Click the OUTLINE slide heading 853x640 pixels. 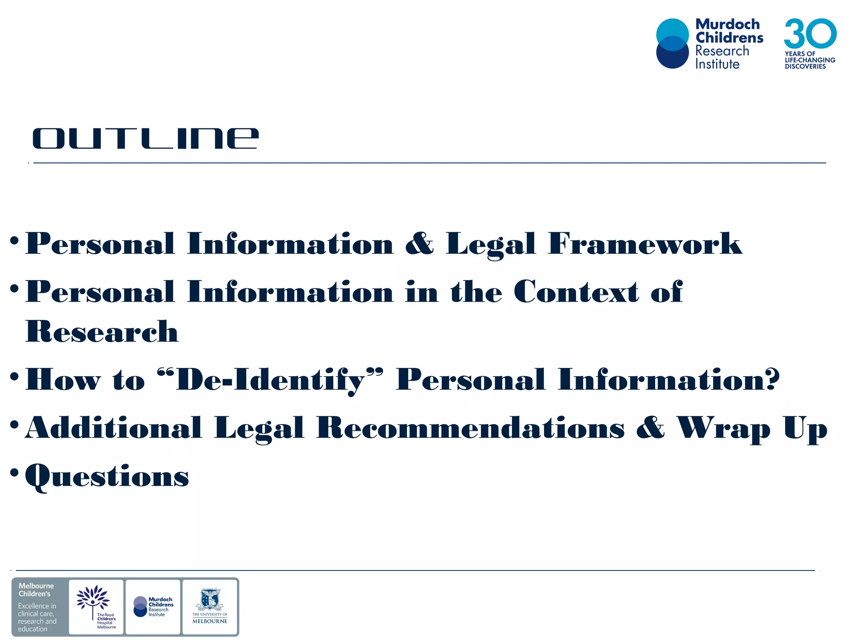coord(146,138)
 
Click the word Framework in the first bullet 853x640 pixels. coord(645,243)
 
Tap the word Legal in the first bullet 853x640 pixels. coord(491,244)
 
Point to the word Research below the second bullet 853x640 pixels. coord(102,332)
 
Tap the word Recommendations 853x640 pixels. coord(471,428)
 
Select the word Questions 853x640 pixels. coord(107,476)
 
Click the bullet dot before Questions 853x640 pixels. coord(15,472)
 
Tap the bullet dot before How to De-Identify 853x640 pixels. coord(15,376)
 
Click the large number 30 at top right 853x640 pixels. coord(810,33)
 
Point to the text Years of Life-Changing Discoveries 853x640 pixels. coord(810,60)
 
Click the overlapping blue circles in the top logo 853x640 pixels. coord(672,43)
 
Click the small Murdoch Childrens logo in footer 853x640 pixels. coord(153,607)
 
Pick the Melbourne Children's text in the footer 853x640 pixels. coord(36,590)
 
